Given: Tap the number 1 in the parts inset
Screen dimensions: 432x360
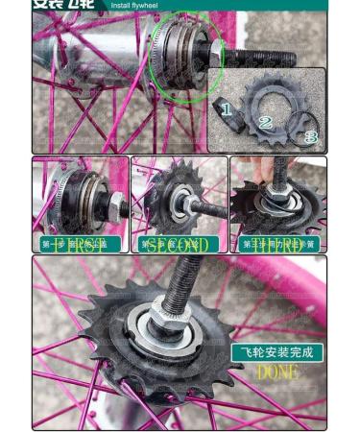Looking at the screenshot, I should (x=226, y=109).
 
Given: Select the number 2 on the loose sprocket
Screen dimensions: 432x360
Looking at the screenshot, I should (x=265, y=122).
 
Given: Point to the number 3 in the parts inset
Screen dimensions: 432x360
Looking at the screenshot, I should (x=310, y=137).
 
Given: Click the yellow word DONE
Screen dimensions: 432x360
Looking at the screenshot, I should (x=277, y=371).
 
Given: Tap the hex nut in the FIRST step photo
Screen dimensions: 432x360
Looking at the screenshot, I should (x=112, y=204).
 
